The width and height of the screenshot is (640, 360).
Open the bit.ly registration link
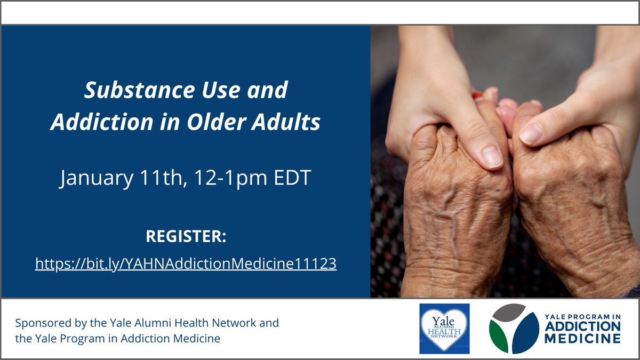[x=186, y=263]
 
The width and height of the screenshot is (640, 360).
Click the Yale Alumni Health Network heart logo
[x=444, y=329]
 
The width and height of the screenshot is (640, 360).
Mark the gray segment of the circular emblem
[x=509, y=313]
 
